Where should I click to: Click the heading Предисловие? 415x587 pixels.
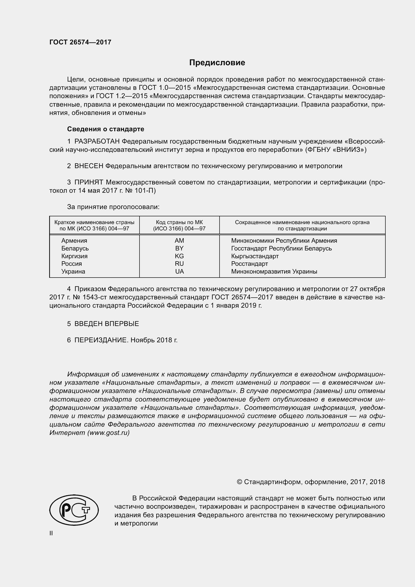pyautogui.click(x=217, y=63)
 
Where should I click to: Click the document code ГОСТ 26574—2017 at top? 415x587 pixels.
pyautogui.click(x=80, y=42)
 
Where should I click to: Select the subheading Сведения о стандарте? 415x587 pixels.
pyautogui.click(x=106, y=129)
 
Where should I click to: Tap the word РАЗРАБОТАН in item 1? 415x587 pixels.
pyautogui.click(x=97, y=141)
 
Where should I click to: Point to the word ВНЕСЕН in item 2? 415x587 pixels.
pyautogui.click(x=89, y=166)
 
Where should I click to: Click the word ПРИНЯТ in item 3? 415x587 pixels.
pyautogui.click(x=89, y=182)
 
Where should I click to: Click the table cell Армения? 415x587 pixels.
pyautogui.click(x=74, y=241)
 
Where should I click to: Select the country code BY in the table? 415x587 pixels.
pyautogui.click(x=179, y=248)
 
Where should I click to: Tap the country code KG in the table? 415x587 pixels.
pyautogui.click(x=179, y=256)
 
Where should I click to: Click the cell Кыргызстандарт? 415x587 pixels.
pyautogui.click(x=255, y=256)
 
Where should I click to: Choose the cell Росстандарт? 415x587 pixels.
pyautogui.click(x=249, y=264)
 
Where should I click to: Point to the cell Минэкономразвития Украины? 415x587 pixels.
pyautogui.click(x=274, y=272)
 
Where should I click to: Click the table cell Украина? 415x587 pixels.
pyautogui.click(x=73, y=272)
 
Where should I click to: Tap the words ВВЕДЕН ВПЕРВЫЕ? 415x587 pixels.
pyautogui.click(x=107, y=324)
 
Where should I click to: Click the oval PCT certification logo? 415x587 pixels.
pyautogui.click(x=74, y=510)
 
